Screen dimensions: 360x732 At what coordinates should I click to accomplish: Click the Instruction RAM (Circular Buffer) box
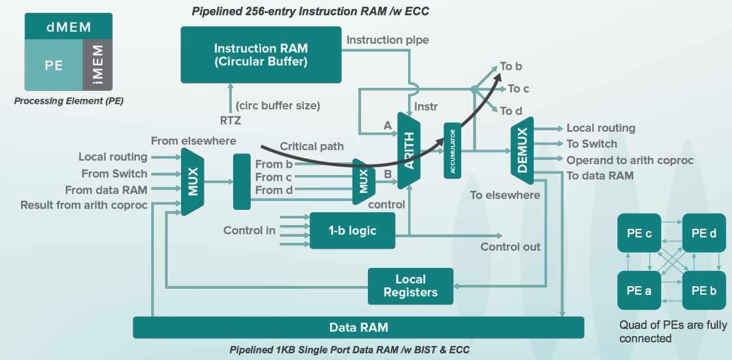pyautogui.click(x=260, y=54)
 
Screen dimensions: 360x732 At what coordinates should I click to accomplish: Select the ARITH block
pyautogui.click(x=409, y=149)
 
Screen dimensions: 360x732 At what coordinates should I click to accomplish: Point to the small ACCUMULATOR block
pyautogui.click(x=453, y=150)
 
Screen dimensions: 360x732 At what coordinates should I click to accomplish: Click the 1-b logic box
pyautogui.click(x=352, y=231)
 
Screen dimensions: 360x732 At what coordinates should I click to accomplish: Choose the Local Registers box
pyautogui.click(x=410, y=286)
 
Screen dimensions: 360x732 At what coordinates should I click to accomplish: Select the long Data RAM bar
pyautogui.click(x=358, y=327)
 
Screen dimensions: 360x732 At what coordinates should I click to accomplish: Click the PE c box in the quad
pyautogui.click(x=639, y=233)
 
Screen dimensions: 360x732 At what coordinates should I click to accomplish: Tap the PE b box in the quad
pyautogui.click(x=704, y=290)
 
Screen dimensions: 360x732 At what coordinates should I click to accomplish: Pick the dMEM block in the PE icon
pyautogui.click(x=68, y=27)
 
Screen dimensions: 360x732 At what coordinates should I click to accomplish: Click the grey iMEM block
pyautogui.click(x=98, y=65)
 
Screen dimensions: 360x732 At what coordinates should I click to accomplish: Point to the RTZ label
pyautogui.click(x=230, y=121)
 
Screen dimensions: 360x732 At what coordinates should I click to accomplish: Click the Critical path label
pyautogui.click(x=312, y=146)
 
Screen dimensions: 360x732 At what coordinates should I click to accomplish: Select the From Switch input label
pyautogui.click(x=115, y=174)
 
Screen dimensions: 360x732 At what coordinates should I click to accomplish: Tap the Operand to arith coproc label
pyautogui.click(x=630, y=160)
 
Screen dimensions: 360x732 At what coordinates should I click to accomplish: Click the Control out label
pyautogui.click(x=511, y=247)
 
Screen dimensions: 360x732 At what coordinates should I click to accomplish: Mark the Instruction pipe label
pyautogui.click(x=387, y=40)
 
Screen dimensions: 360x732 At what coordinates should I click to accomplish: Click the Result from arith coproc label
pyautogui.click(x=84, y=206)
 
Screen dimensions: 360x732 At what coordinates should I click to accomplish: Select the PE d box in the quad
pyautogui.click(x=704, y=233)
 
